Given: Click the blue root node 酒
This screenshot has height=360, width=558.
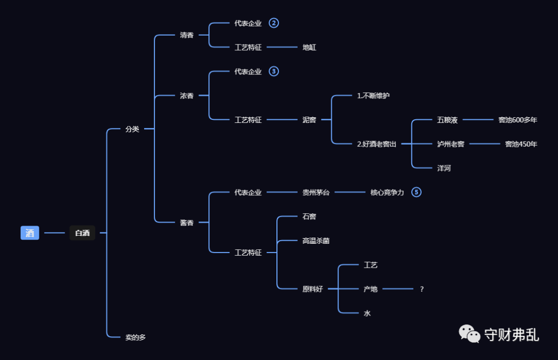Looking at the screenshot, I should click(x=30, y=233).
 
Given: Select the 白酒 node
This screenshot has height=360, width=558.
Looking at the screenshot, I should click(x=82, y=233).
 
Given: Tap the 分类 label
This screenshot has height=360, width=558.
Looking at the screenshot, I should click(x=132, y=129).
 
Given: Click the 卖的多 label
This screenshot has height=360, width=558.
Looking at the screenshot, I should click(x=136, y=337).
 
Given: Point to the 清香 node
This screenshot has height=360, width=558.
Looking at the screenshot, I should click(x=187, y=35).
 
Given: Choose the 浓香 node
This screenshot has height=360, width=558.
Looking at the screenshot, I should click(x=187, y=96).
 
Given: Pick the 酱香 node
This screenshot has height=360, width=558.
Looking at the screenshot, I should click(x=187, y=223).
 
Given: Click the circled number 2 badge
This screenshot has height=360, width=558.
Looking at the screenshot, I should click(x=274, y=23).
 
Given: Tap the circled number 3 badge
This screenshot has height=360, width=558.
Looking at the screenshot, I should click(x=274, y=71).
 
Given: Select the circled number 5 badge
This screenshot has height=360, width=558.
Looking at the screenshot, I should click(x=416, y=192).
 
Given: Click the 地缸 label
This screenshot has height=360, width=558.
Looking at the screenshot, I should click(x=309, y=48).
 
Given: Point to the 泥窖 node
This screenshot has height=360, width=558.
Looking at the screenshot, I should click(x=309, y=120).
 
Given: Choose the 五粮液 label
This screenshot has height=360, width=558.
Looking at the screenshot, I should click(x=447, y=120).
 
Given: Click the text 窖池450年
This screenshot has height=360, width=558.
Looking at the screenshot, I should click(x=521, y=144).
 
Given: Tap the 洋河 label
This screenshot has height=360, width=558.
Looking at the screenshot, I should click(x=444, y=168).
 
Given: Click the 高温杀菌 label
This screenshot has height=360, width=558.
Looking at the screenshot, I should click(x=316, y=241).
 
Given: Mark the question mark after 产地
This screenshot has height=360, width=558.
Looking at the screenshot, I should click(x=422, y=289).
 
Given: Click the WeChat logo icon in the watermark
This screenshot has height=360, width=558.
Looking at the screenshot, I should click(x=470, y=334).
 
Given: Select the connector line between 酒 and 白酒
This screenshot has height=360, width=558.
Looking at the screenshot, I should click(x=54, y=233).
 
